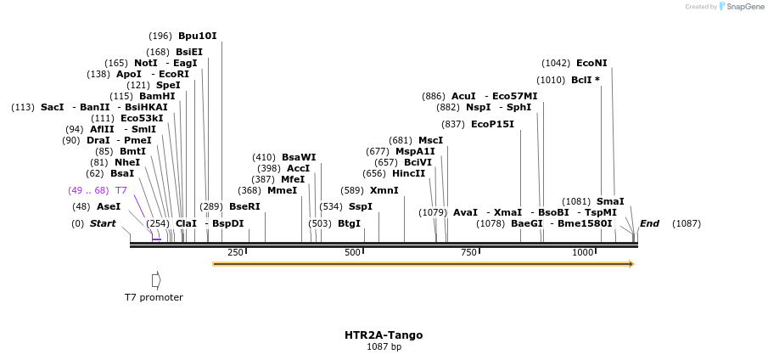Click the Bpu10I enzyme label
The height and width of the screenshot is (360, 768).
(x=197, y=37)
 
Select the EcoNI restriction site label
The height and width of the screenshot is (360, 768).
(x=591, y=63)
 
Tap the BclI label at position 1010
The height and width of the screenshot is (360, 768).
(x=582, y=80)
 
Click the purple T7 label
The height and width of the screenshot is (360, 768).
(x=121, y=190)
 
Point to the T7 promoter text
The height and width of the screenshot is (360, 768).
(x=154, y=297)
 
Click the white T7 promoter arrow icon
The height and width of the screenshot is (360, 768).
(x=156, y=279)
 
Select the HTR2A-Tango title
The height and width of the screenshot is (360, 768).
(x=384, y=335)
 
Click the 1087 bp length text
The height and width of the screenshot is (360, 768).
(x=384, y=347)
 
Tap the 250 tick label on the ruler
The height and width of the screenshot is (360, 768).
(x=236, y=252)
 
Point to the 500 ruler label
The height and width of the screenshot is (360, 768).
(x=352, y=252)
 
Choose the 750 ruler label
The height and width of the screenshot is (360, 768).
(x=468, y=252)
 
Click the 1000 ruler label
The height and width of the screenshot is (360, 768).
(x=582, y=252)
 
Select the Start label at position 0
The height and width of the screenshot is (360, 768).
(x=103, y=223)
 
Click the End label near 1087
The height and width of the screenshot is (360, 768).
(x=649, y=223)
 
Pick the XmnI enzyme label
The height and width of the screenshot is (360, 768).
(x=384, y=190)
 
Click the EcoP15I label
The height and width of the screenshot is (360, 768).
(x=492, y=124)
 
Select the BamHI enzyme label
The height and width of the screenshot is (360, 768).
(x=157, y=96)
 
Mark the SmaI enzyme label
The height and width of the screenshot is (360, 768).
(x=610, y=201)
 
